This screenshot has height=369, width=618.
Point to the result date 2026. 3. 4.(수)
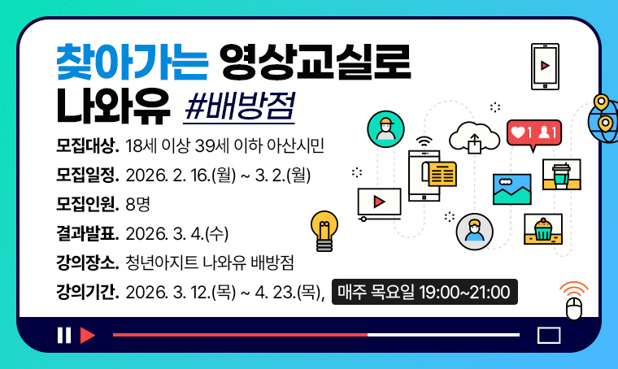pyautogui.click(x=178, y=233)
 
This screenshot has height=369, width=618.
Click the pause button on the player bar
pyautogui.click(x=63, y=335)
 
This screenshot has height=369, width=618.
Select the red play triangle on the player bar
pyautogui.click(x=88, y=335)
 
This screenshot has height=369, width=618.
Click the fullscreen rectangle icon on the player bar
pyautogui.click(x=550, y=335)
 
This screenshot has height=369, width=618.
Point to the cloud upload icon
pyautogui.click(x=476, y=137)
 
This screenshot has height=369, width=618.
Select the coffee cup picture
pyautogui.click(x=561, y=174)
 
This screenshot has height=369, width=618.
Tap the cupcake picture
pyautogui.click(x=543, y=228)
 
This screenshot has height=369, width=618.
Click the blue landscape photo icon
pyautogui.click(x=512, y=189)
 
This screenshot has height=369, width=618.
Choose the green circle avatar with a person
pyautogui.click(x=385, y=128)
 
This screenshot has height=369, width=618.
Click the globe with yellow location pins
pyautogui.click(x=603, y=119)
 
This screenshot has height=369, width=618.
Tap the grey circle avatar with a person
pyautogui.click(x=475, y=232)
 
